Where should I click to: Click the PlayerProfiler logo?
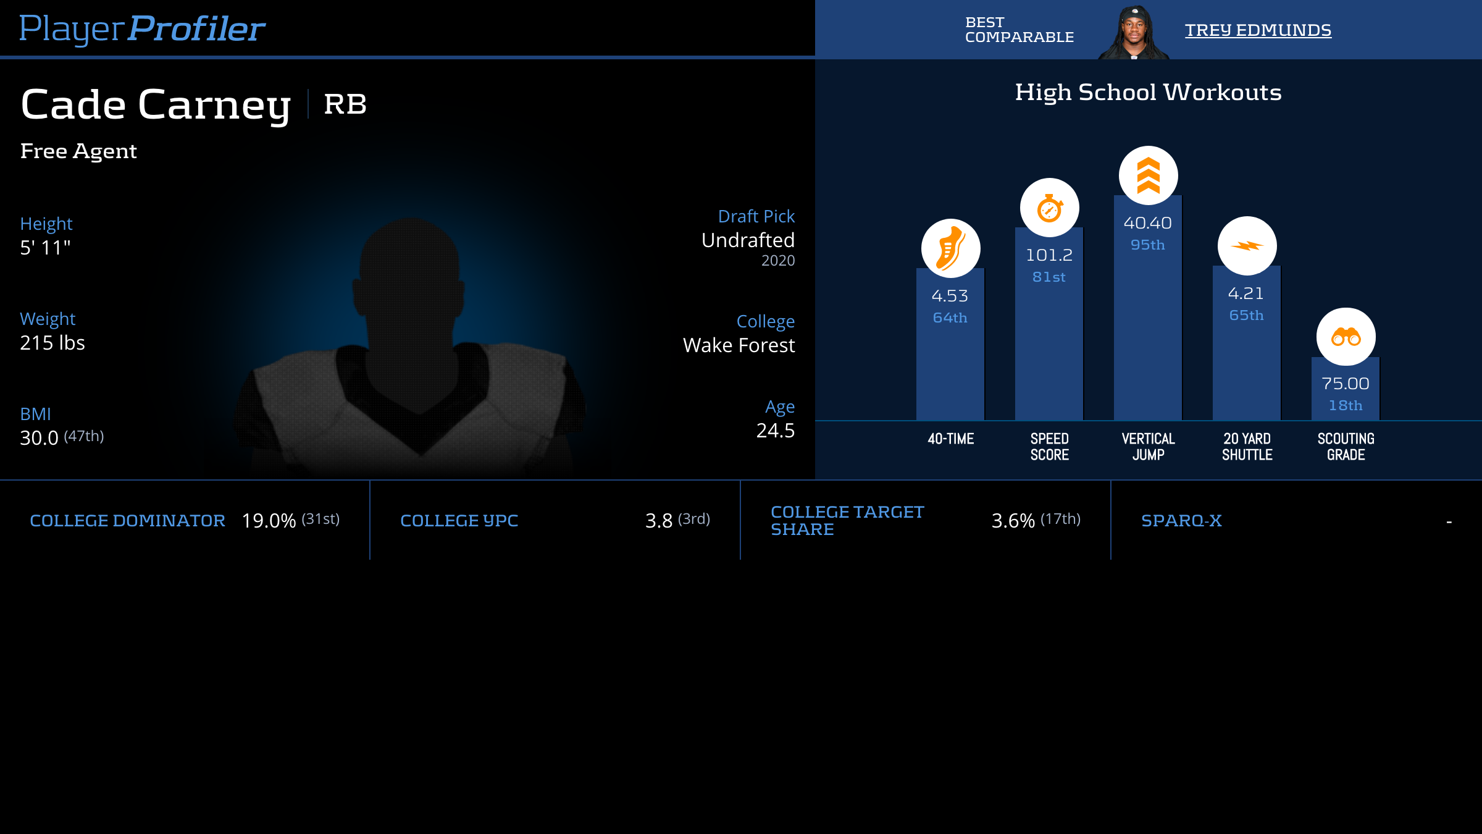pos(142,28)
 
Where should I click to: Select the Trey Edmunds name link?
pos(1258,30)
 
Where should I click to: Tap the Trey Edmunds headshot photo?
pos(1134,32)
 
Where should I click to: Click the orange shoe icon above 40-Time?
pos(950,248)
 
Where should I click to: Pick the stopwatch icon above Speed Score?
pos(1049,208)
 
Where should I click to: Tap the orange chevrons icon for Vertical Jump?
pos(1148,175)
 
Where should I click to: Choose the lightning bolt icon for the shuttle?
pos(1247,246)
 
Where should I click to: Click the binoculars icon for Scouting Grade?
pos(1346,337)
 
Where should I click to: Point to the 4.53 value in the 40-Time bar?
pos(950,296)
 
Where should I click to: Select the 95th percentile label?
pos(1147,245)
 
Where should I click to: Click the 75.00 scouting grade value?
pos(1345,384)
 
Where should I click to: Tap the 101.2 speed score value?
pos(1049,255)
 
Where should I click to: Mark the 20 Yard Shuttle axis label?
pos(1247,447)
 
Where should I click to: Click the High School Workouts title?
pos(1148,93)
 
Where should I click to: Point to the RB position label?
pos(345,104)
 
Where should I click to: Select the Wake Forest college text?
pos(739,345)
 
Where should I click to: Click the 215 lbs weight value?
pos(52,343)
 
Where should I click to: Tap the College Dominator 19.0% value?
pos(269,521)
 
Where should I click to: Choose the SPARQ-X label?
pos(1181,521)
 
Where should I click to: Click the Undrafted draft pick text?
pos(748,240)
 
